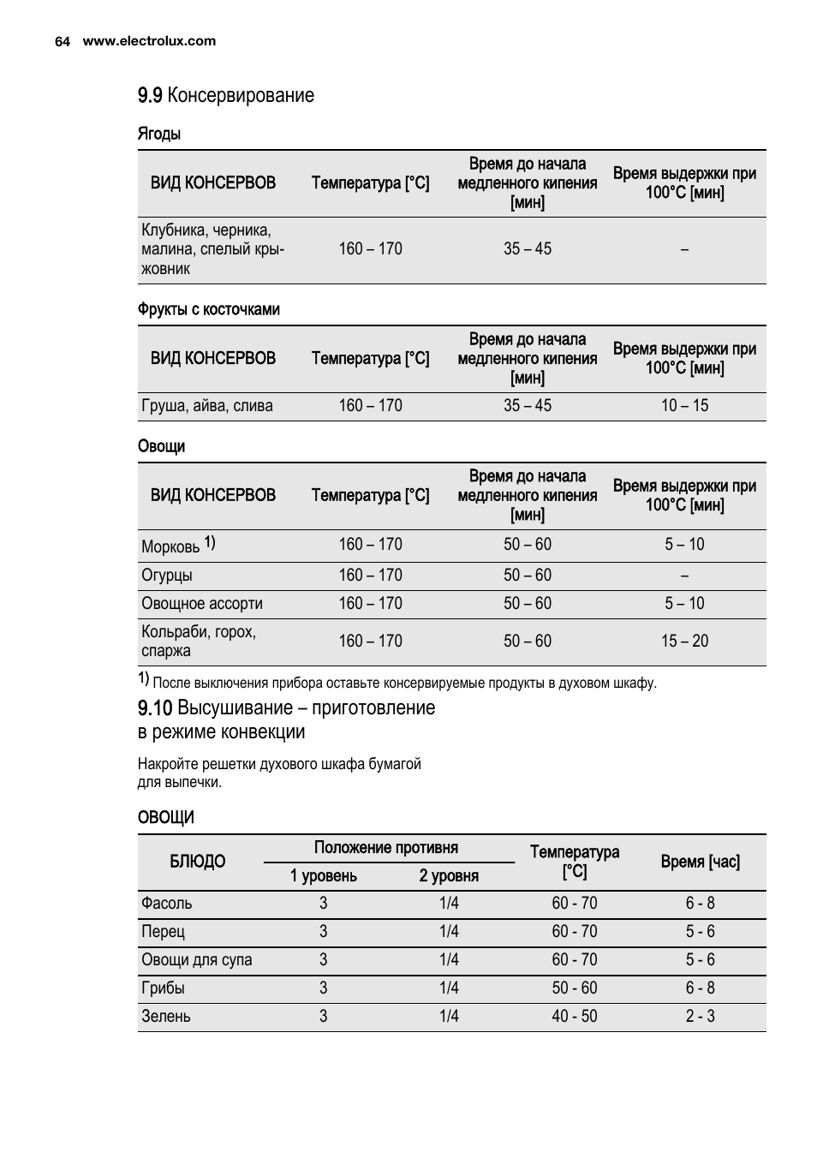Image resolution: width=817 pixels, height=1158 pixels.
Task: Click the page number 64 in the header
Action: click(x=62, y=41)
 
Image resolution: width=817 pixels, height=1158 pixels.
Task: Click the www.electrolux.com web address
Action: click(x=149, y=41)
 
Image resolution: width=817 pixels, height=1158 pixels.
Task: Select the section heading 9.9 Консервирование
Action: click(x=226, y=95)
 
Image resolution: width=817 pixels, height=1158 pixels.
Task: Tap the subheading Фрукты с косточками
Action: click(x=209, y=309)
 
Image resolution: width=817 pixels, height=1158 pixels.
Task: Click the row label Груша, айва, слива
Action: click(x=207, y=406)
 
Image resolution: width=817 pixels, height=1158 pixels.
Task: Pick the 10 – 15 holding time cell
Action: click(x=684, y=406)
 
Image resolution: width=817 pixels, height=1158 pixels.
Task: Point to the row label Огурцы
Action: click(x=167, y=576)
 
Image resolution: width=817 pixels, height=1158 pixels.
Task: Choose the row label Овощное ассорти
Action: click(x=202, y=604)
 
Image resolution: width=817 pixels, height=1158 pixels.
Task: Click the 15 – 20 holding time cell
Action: click(x=684, y=642)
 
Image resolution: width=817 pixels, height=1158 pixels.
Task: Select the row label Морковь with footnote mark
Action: click(x=178, y=546)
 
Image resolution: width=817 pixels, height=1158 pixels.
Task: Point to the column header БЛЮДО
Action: click(x=198, y=862)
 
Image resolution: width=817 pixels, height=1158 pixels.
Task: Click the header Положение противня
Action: click(x=386, y=848)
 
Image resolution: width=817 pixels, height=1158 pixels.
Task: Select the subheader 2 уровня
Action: click(x=449, y=876)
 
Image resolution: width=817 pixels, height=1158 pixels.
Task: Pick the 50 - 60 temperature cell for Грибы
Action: click(x=575, y=988)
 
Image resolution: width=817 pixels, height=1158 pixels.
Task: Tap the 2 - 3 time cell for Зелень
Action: click(x=700, y=1017)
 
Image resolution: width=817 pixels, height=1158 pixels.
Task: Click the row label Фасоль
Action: click(x=167, y=904)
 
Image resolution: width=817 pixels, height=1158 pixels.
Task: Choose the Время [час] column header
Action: click(x=700, y=862)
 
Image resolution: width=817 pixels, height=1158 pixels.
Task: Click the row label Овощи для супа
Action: click(x=197, y=960)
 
